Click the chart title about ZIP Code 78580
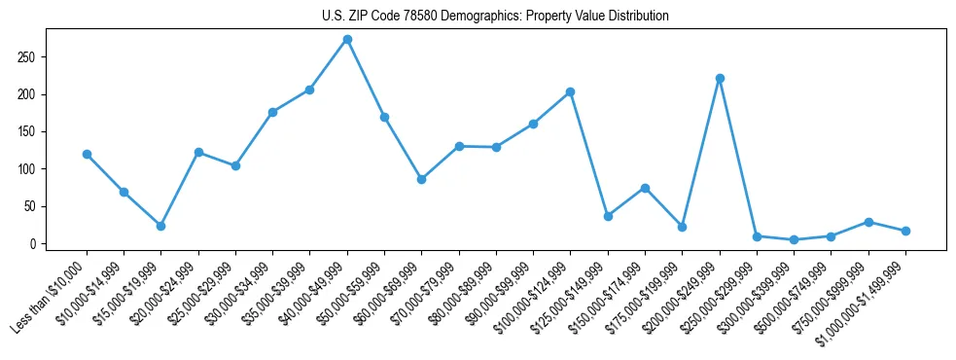(495, 17)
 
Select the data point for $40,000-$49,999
(347, 40)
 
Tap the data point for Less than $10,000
(87, 154)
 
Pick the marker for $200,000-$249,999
(720, 78)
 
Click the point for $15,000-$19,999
(160, 226)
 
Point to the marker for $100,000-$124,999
(570, 92)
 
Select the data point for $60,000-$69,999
(421, 179)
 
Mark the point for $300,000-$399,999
(794, 239)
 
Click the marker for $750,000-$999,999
(868, 222)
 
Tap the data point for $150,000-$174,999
(645, 188)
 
